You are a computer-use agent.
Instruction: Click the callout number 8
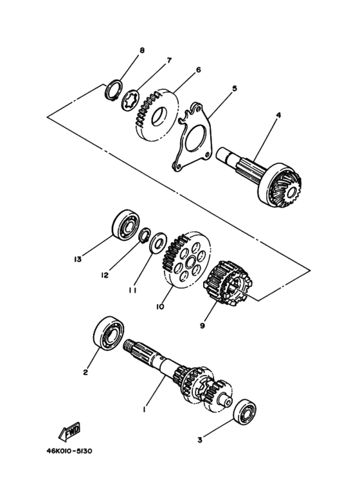(142, 51)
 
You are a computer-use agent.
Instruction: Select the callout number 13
(78, 259)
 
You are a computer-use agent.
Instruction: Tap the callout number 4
(278, 115)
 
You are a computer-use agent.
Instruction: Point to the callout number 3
(200, 440)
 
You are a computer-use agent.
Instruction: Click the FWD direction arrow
(69, 431)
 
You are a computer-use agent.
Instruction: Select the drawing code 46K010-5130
(69, 451)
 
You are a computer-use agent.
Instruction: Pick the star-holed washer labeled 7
(130, 101)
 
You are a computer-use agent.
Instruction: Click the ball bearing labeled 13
(126, 224)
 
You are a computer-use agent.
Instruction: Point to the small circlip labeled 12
(145, 236)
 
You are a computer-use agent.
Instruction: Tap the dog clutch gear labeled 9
(227, 284)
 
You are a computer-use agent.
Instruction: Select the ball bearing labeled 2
(109, 333)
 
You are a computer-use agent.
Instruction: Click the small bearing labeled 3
(245, 411)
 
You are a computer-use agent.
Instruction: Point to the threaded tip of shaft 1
(129, 344)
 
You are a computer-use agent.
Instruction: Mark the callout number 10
(160, 307)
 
